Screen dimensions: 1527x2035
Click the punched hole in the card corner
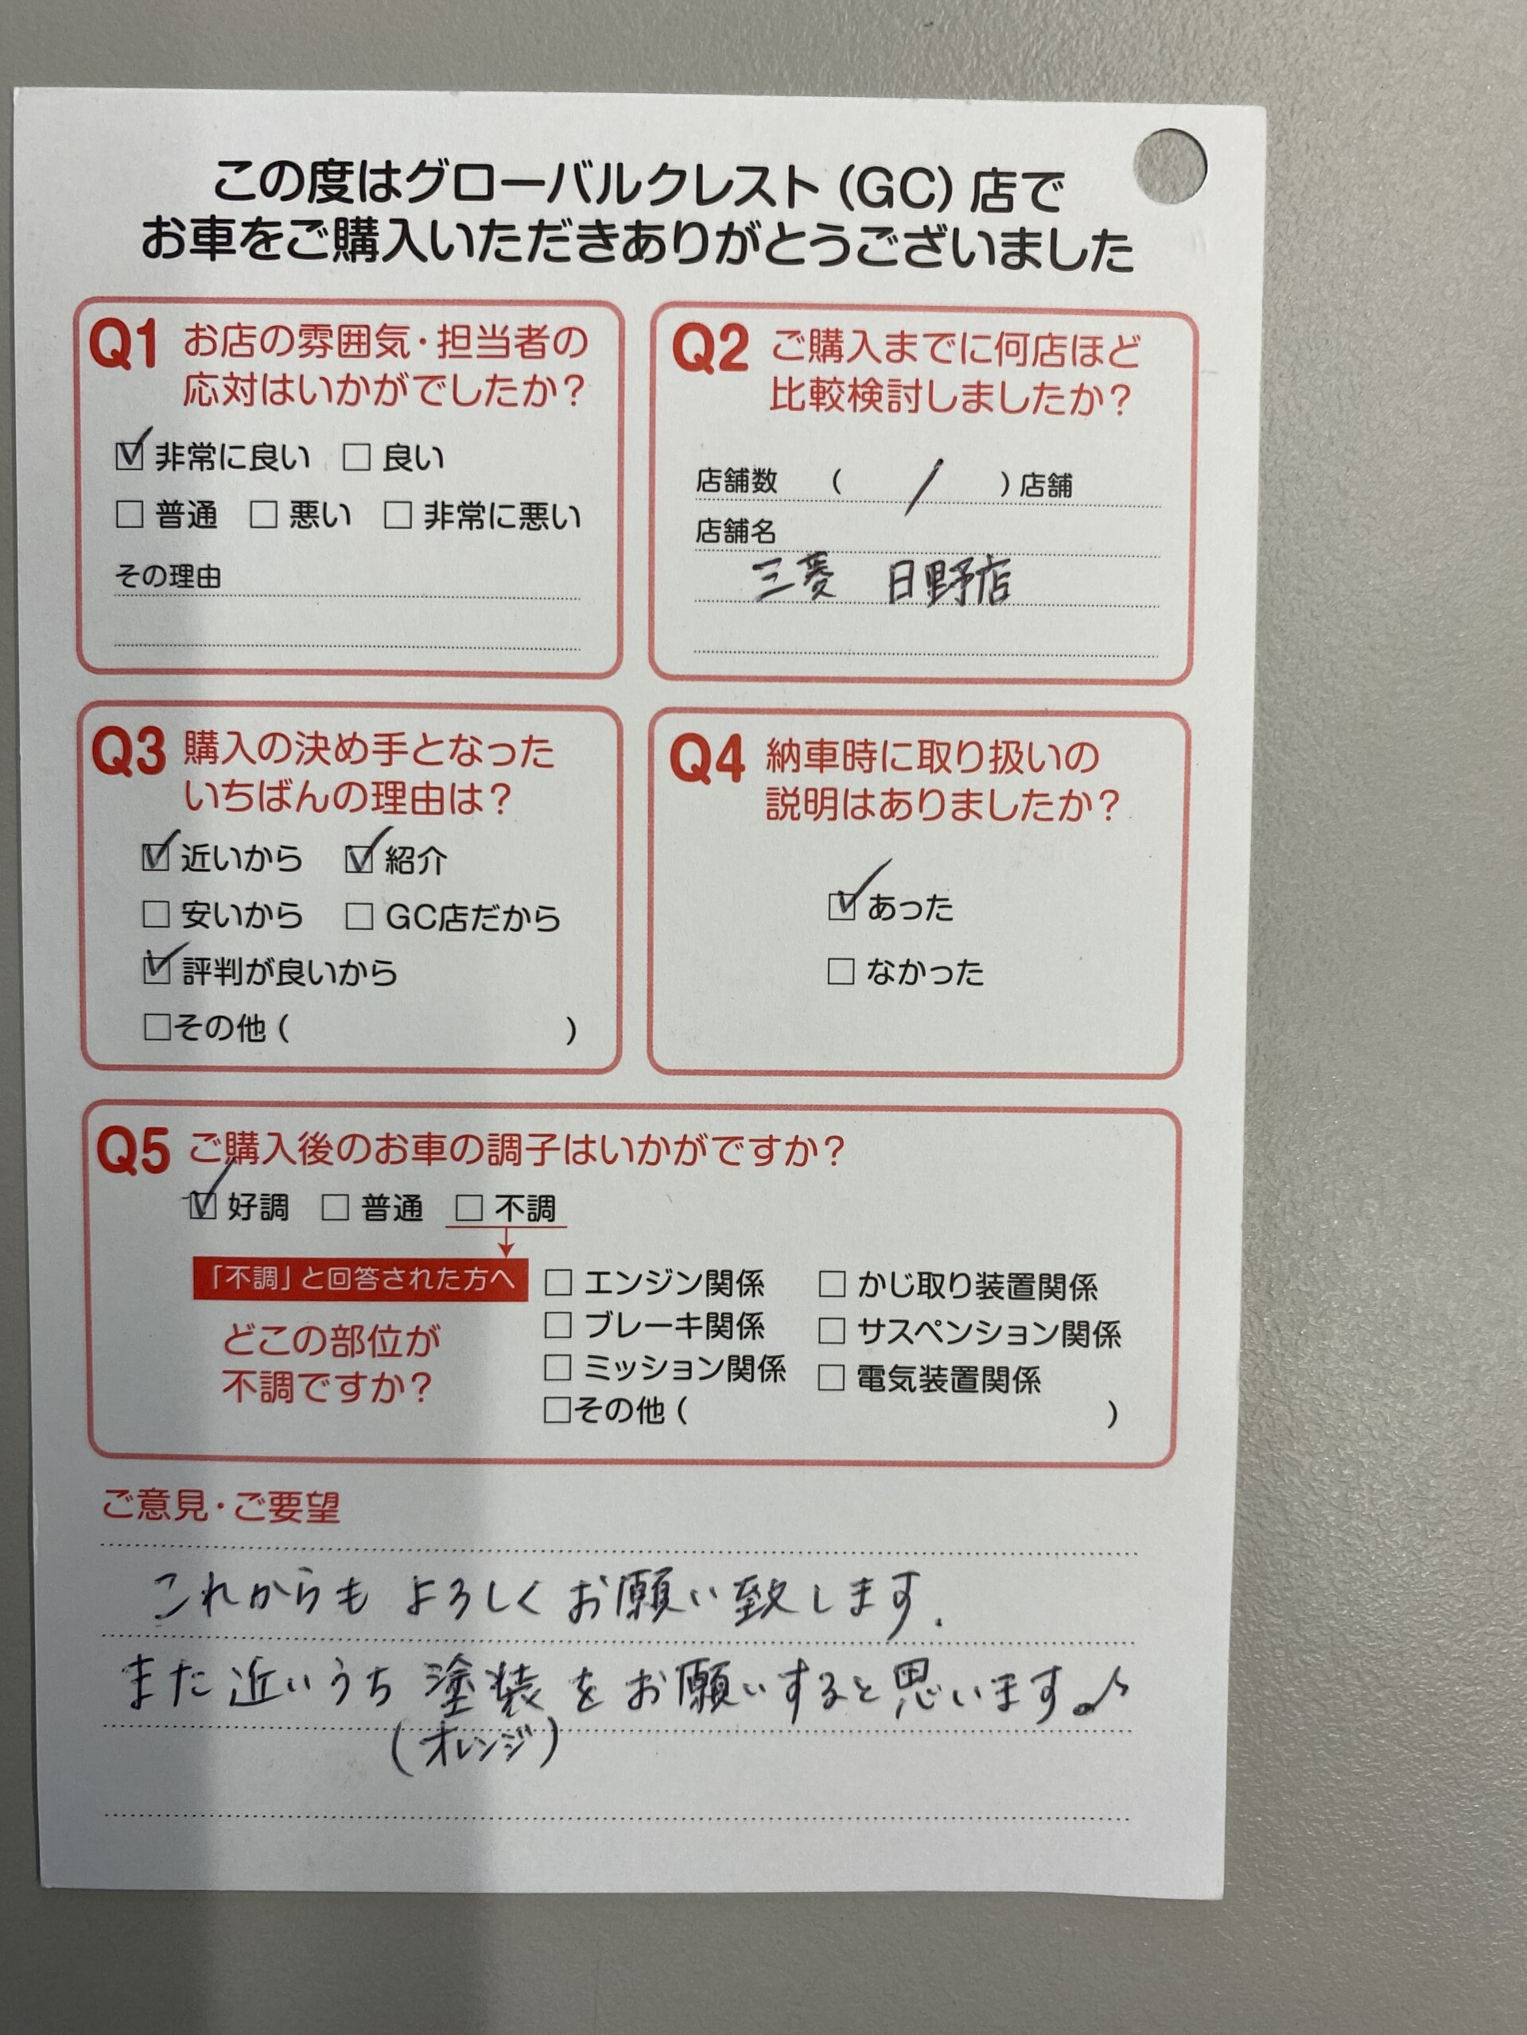click(x=1169, y=165)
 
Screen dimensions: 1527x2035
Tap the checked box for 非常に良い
click(x=130, y=455)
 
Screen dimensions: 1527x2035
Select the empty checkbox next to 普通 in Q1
click(x=130, y=514)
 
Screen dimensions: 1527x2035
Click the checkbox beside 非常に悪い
click(x=398, y=514)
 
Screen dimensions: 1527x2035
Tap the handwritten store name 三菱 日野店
click(x=881, y=580)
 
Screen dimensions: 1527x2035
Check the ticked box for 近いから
click(x=156, y=859)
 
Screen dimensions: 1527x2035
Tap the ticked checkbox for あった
click(x=841, y=907)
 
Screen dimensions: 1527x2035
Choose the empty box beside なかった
click(x=841, y=971)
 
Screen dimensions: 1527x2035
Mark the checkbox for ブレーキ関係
click(x=558, y=1325)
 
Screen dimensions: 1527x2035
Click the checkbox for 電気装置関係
click(x=831, y=1378)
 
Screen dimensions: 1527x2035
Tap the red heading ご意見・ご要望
click(x=221, y=1506)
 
